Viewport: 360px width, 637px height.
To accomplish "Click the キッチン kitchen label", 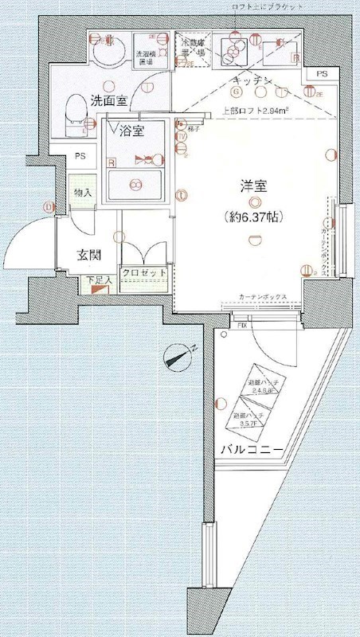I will [x=254, y=82].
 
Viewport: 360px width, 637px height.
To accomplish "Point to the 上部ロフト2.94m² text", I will [x=256, y=112].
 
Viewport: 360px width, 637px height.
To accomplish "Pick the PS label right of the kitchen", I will [x=322, y=74].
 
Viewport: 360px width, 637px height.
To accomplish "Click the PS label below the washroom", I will [x=80, y=156].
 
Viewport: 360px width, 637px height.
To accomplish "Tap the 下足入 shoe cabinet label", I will [x=96, y=281].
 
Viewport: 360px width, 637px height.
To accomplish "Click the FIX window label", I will [x=241, y=325].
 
